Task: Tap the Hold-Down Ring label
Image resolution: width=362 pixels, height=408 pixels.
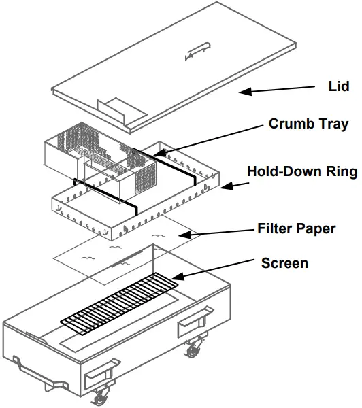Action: pyautogui.click(x=301, y=171)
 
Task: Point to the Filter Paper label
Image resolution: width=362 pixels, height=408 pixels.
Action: pyautogui.click(x=297, y=228)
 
